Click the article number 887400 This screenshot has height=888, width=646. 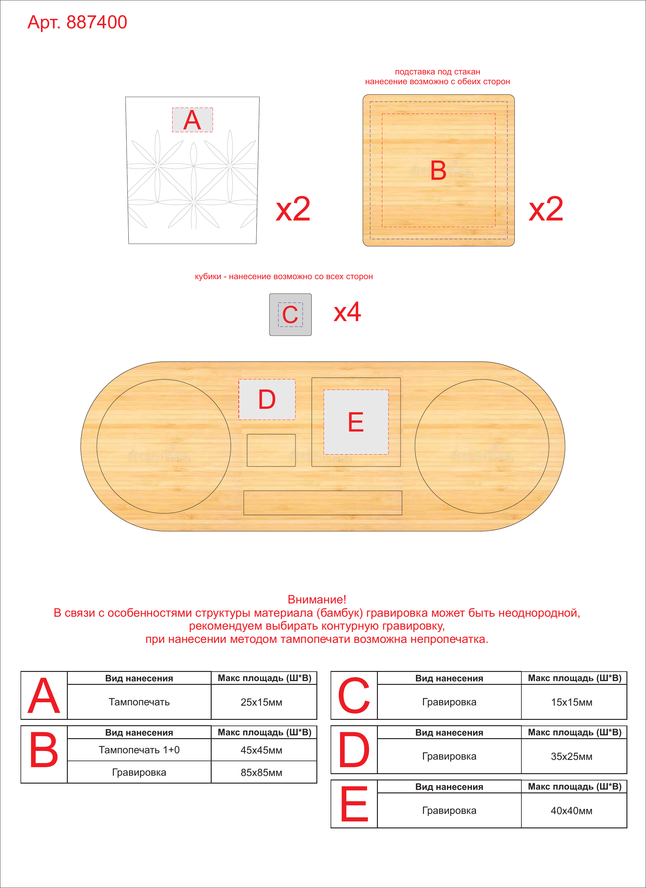[97, 22]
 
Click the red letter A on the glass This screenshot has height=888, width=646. [192, 120]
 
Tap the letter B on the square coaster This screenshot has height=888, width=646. [438, 170]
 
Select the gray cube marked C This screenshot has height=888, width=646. [290, 315]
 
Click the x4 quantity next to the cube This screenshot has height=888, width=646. [347, 312]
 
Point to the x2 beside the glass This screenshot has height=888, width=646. [293, 209]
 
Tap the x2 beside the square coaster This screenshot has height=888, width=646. [546, 209]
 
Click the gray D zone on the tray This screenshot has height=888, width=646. [267, 399]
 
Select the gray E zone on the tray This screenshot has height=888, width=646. [356, 422]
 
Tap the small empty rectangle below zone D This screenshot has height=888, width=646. [271, 450]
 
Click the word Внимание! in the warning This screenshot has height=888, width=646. [317, 599]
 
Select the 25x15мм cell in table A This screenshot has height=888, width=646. [261, 702]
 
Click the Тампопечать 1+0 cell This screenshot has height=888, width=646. [139, 750]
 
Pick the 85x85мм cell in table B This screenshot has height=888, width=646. [261, 773]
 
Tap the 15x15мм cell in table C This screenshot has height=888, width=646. [572, 702]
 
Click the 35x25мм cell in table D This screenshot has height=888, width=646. [572, 756]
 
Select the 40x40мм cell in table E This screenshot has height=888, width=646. [572, 810]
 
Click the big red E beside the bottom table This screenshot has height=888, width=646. [354, 805]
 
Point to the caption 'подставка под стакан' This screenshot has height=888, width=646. [437, 72]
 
